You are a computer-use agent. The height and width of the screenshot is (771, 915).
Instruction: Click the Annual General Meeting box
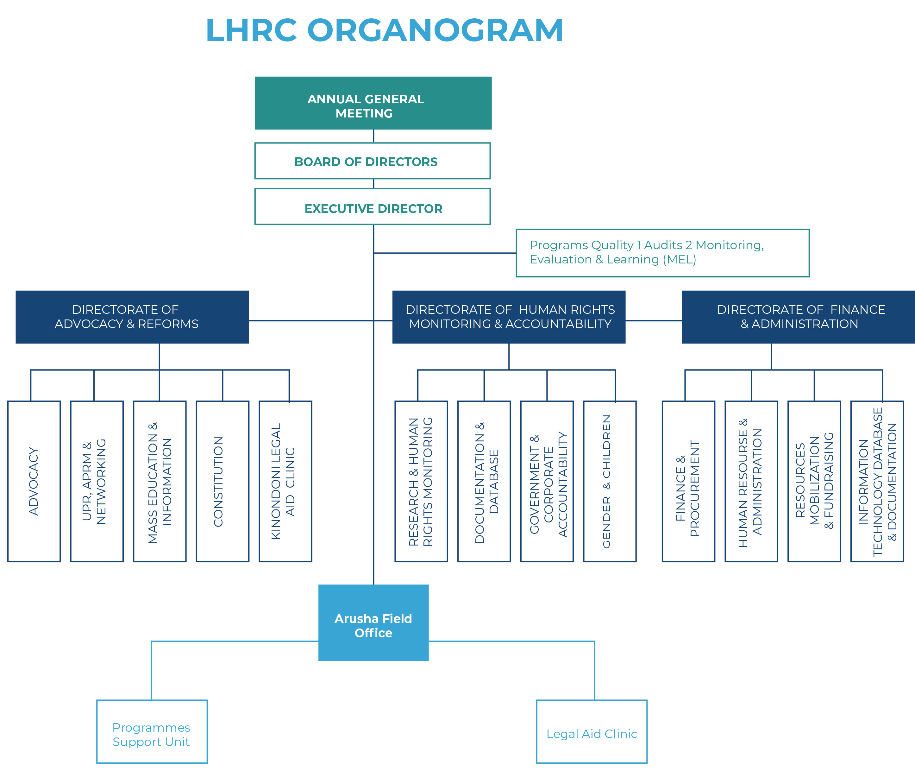[x=373, y=103]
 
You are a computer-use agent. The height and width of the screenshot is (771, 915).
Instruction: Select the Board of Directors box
[x=372, y=161]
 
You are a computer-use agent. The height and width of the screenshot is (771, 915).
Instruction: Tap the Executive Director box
[x=372, y=207]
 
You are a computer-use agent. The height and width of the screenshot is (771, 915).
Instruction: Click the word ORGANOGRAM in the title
[x=435, y=31]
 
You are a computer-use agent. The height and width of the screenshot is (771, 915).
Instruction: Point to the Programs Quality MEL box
[x=662, y=253]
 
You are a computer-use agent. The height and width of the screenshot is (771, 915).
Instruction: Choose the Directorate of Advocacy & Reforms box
[x=132, y=317]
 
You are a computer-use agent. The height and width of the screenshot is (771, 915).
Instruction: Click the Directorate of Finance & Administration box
[x=798, y=317]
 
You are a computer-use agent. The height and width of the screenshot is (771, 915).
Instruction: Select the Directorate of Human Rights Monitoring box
[x=509, y=317]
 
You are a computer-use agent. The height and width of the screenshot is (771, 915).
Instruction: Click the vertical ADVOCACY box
[x=34, y=481]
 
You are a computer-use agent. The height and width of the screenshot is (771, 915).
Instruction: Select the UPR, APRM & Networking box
[x=97, y=481]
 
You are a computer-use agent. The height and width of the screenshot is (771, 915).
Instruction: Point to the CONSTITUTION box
[x=222, y=481]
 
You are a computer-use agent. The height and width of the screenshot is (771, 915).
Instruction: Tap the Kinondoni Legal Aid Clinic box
[x=285, y=481]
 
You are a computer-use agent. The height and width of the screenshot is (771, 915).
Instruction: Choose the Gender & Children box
[x=610, y=481]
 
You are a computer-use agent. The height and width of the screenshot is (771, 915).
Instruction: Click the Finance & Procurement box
[x=688, y=481]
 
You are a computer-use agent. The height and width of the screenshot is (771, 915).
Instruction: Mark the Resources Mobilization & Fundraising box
[x=814, y=481]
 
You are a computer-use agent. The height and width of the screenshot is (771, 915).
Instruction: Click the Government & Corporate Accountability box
[x=547, y=481]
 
